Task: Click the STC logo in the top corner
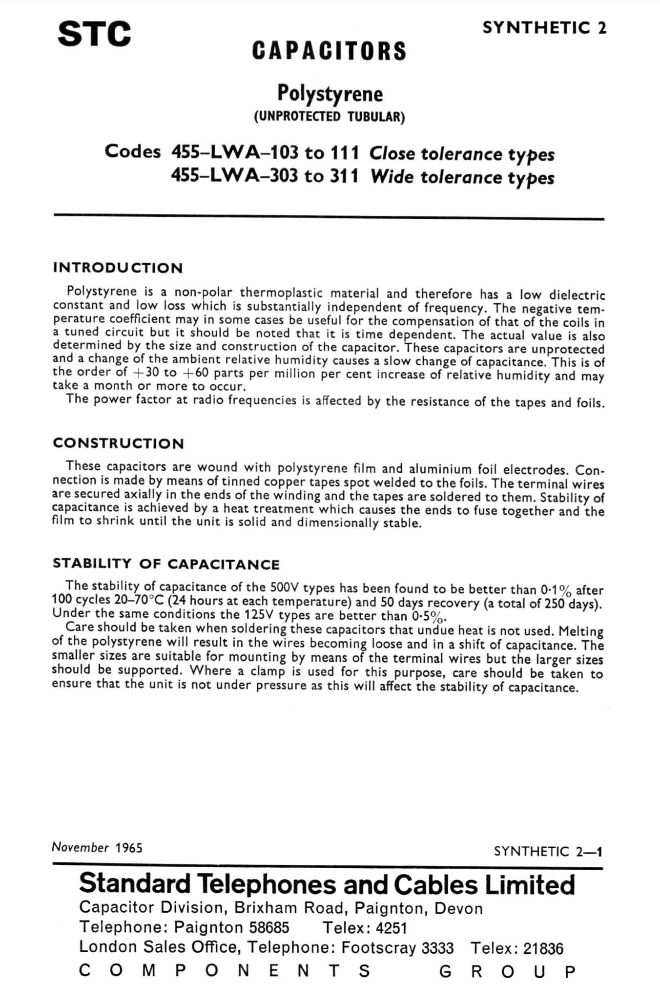[x=94, y=34]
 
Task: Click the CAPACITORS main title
[x=329, y=51]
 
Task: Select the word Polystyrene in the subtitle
[x=330, y=93]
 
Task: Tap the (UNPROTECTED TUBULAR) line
[x=329, y=117]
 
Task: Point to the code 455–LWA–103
[x=234, y=152]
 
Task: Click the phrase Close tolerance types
[x=462, y=154]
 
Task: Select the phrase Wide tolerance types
[x=462, y=177]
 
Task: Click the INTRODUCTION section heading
[x=118, y=268]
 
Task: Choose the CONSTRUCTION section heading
[x=118, y=443]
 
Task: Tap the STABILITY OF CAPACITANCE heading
[x=166, y=564]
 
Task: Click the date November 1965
[x=97, y=847]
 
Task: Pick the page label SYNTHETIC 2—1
[x=548, y=852]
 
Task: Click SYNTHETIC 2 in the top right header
[x=544, y=28]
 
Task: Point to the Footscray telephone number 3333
[x=437, y=948]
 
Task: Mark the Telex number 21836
[x=543, y=949]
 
